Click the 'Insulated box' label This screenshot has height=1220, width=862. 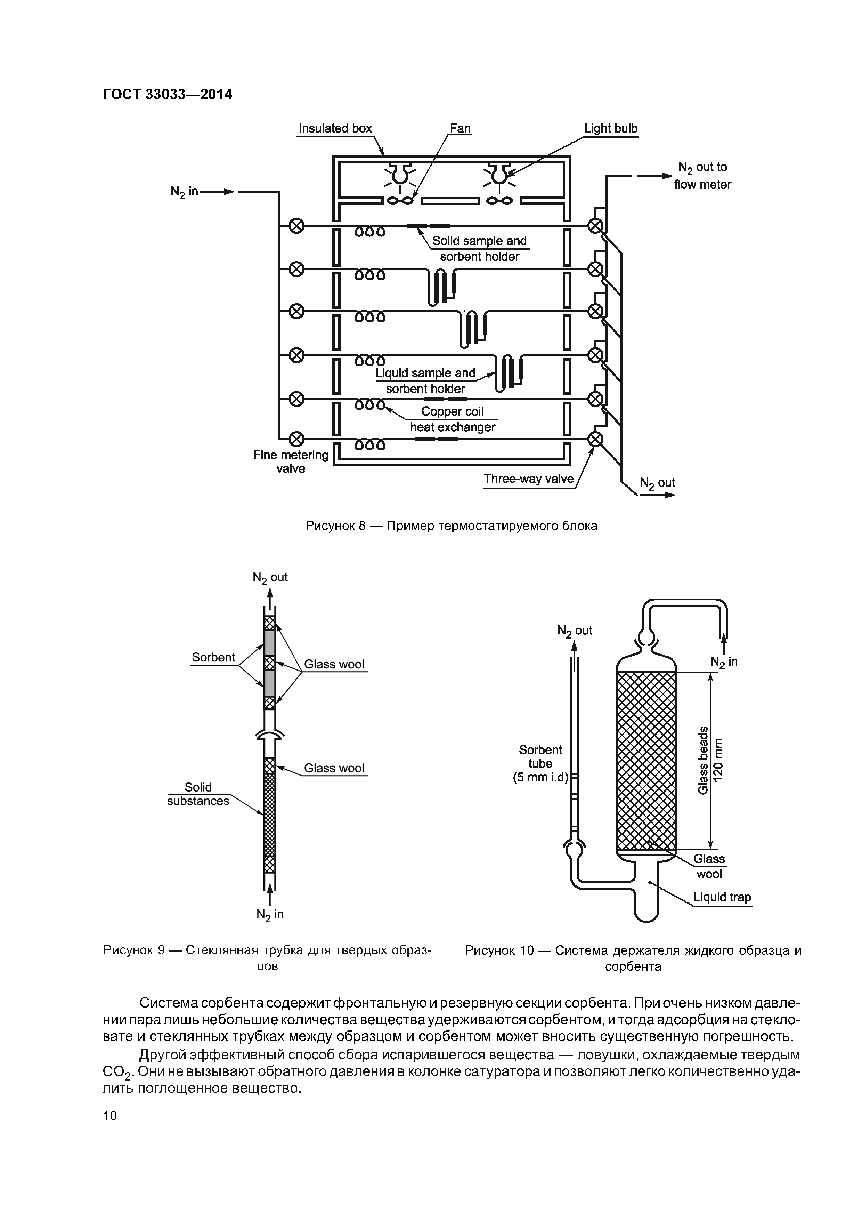335,129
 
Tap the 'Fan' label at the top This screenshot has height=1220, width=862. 460,129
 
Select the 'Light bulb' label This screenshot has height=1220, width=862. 611,129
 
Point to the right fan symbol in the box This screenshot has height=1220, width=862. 499,201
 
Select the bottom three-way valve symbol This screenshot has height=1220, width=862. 596,439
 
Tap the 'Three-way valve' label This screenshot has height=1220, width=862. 528,479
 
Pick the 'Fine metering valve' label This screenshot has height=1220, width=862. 291,462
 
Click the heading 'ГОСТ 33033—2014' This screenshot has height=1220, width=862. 167,95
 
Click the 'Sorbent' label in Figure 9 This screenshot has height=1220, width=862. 213,657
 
